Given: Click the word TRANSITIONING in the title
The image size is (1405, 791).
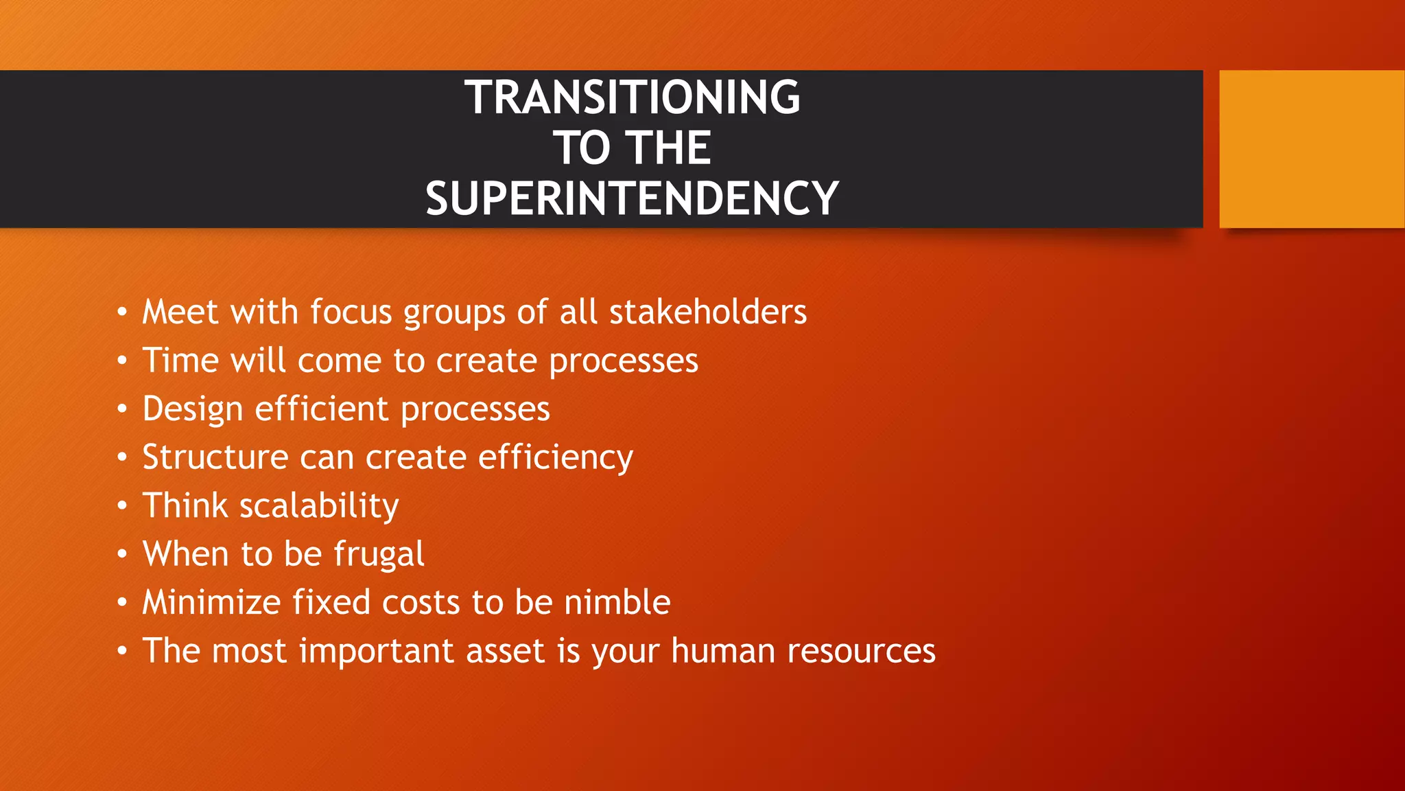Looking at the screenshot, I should pyautogui.click(x=632, y=98).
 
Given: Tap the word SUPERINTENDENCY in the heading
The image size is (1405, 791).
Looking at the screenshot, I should pyautogui.click(x=632, y=199).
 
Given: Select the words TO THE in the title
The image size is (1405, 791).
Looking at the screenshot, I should pyautogui.click(x=632, y=148).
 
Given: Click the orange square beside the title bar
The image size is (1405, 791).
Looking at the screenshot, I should pyautogui.click(x=1311, y=149).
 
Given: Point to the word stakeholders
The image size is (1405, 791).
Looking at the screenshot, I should pyautogui.click(x=707, y=312).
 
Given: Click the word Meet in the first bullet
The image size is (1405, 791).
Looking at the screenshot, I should pyautogui.click(x=180, y=312).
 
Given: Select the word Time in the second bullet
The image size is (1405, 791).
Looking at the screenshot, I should pyautogui.click(x=180, y=361).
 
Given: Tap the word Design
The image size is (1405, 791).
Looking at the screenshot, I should pyautogui.click(x=193, y=410).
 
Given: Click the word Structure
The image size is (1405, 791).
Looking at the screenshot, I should pyautogui.click(x=215, y=458).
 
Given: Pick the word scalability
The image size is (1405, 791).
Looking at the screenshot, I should pyautogui.click(x=319, y=507).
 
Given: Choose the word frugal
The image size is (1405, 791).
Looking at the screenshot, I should pyautogui.click(x=379, y=555).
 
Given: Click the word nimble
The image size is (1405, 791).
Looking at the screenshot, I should pyautogui.click(x=617, y=603).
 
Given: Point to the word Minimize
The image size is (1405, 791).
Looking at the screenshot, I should pyautogui.click(x=211, y=603).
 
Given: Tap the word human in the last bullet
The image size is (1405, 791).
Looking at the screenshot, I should pyautogui.click(x=723, y=651).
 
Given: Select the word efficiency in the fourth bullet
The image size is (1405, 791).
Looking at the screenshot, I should pyautogui.click(x=555, y=458).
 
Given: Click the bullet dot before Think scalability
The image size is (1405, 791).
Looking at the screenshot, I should pyautogui.click(x=122, y=507).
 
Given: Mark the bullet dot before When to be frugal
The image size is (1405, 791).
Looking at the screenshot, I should pyautogui.click(x=122, y=554).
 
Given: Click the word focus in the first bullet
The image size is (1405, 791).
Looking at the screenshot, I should pyautogui.click(x=351, y=312).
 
